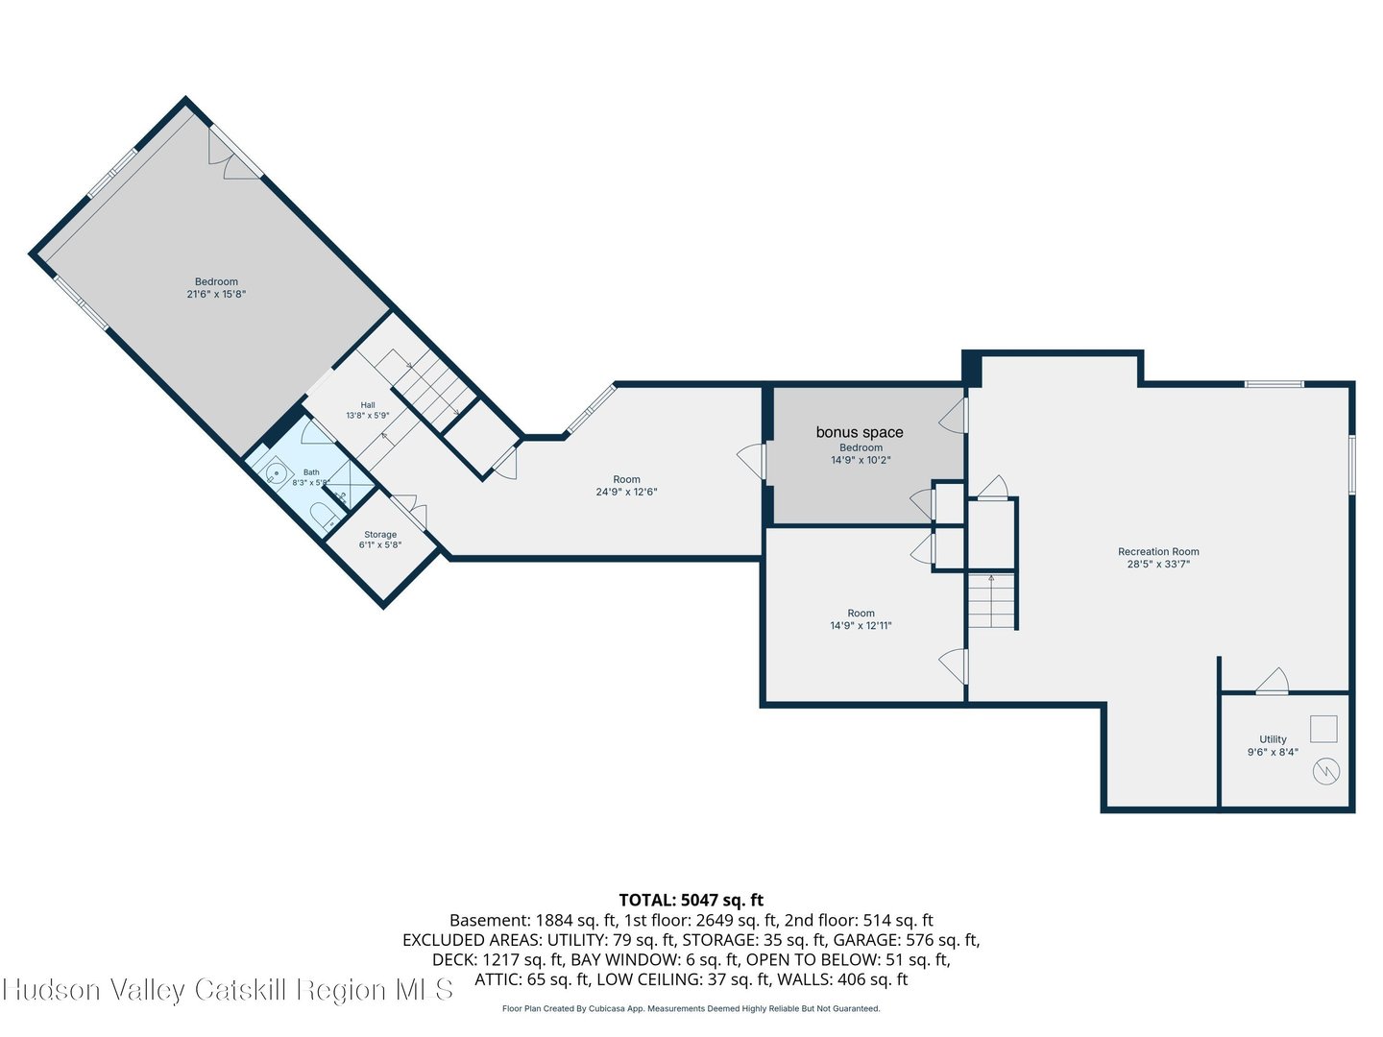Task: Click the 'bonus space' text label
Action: pos(860,432)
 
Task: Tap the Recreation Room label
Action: pos(1158,551)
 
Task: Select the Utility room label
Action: pos(1273,739)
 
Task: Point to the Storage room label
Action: pos(380,535)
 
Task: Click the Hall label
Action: pos(368,405)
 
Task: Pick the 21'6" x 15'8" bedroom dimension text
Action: pos(216,294)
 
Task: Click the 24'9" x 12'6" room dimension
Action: pos(626,492)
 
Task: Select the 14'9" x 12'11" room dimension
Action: pos(861,625)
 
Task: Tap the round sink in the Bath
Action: pos(276,472)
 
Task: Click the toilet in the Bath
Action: pos(326,515)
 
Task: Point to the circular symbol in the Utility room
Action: pos(1325,772)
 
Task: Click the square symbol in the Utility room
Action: pos(1323,729)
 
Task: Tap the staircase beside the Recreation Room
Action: pos(992,601)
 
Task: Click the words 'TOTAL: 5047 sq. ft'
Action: pos(691,900)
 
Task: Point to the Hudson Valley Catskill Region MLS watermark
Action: pos(228,989)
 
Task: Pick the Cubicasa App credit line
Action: pos(691,1008)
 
